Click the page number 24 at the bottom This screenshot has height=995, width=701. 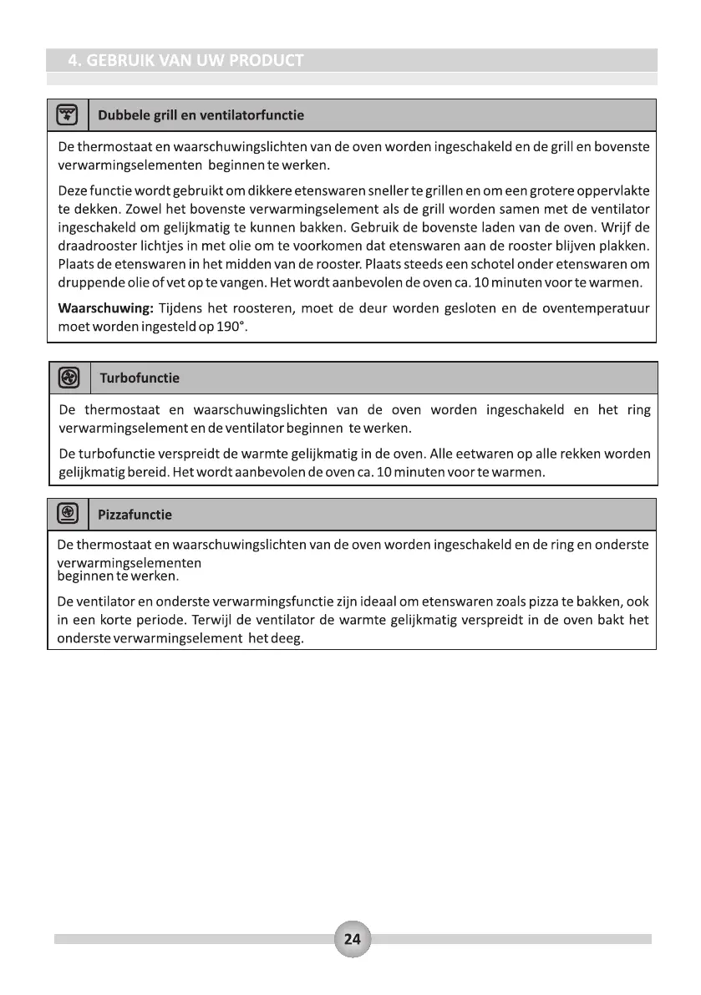click(352, 939)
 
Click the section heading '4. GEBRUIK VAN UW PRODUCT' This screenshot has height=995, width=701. click(185, 61)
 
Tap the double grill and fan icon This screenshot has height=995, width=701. click(67, 114)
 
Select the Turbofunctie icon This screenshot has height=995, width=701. click(69, 378)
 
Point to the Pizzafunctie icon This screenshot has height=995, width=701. click(68, 514)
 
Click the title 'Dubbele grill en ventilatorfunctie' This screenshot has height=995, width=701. click(201, 115)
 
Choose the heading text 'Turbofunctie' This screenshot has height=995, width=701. click(140, 378)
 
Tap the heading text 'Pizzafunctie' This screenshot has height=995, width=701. click(135, 515)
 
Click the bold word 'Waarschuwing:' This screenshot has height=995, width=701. click(104, 308)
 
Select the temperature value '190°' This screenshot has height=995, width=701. click(232, 326)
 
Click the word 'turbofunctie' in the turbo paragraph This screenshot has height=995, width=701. click(115, 454)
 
